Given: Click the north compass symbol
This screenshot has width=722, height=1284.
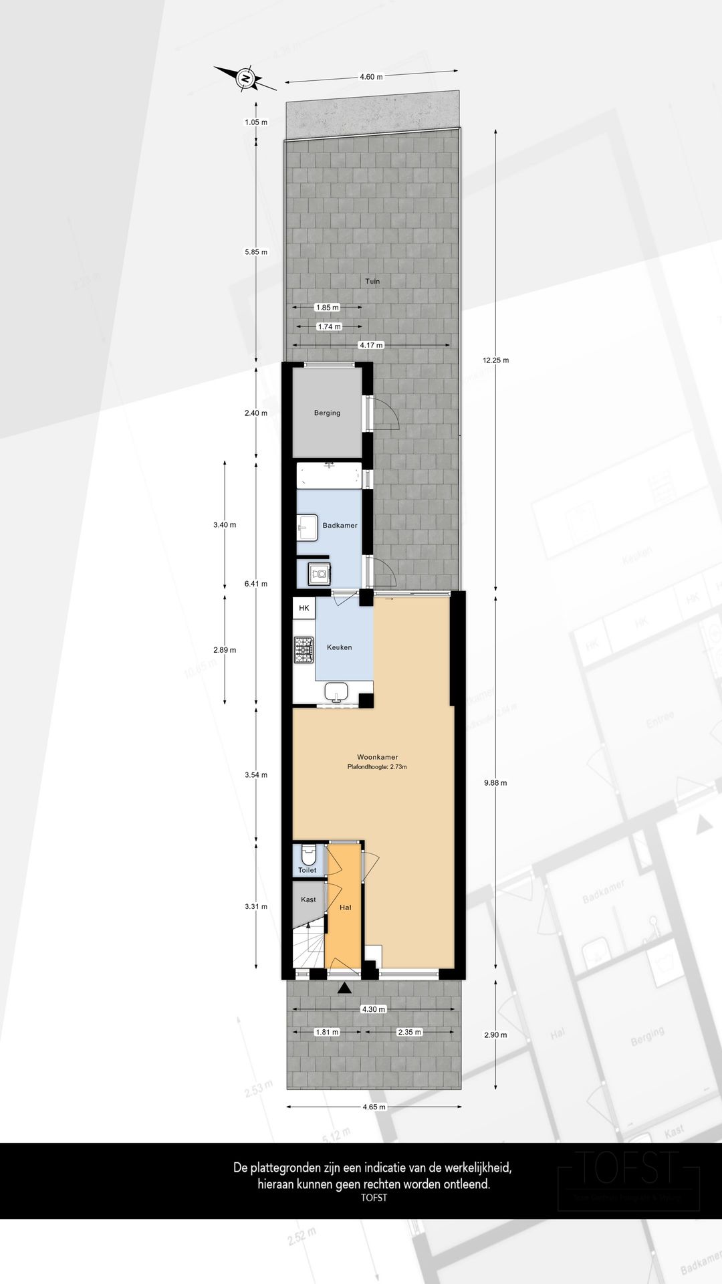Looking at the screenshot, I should [x=245, y=79].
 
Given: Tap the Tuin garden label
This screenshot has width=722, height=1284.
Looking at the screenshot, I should [x=372, y=282].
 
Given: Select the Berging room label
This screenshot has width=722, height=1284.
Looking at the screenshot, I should [x=327, y=413].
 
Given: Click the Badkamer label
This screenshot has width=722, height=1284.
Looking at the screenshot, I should [x=340, y=526].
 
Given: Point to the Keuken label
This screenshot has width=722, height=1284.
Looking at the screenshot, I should [x=339, y=647].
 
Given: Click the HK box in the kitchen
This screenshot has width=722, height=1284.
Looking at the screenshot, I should [x=304, y=609].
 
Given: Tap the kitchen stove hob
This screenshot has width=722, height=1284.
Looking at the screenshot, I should [x=304, y=650].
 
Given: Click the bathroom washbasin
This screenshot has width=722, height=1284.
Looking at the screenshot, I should [x=307, y=527].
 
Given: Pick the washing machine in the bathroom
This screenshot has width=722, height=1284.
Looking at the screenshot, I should [x=318, y=573].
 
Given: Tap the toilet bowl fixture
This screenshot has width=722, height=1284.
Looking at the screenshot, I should [x=308, y=854].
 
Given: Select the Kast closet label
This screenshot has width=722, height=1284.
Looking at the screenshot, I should [x=308, y=899].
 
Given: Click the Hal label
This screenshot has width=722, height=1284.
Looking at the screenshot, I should [x=346, y=907].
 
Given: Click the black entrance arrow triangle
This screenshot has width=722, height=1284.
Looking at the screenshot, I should [x=344, y=988].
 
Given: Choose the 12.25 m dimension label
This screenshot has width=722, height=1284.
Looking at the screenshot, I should [x=495, y=360].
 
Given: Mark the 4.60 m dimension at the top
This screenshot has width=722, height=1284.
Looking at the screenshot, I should [x=371, y=77].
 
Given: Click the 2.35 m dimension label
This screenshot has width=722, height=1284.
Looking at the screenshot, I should [x=409, y=1032].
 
